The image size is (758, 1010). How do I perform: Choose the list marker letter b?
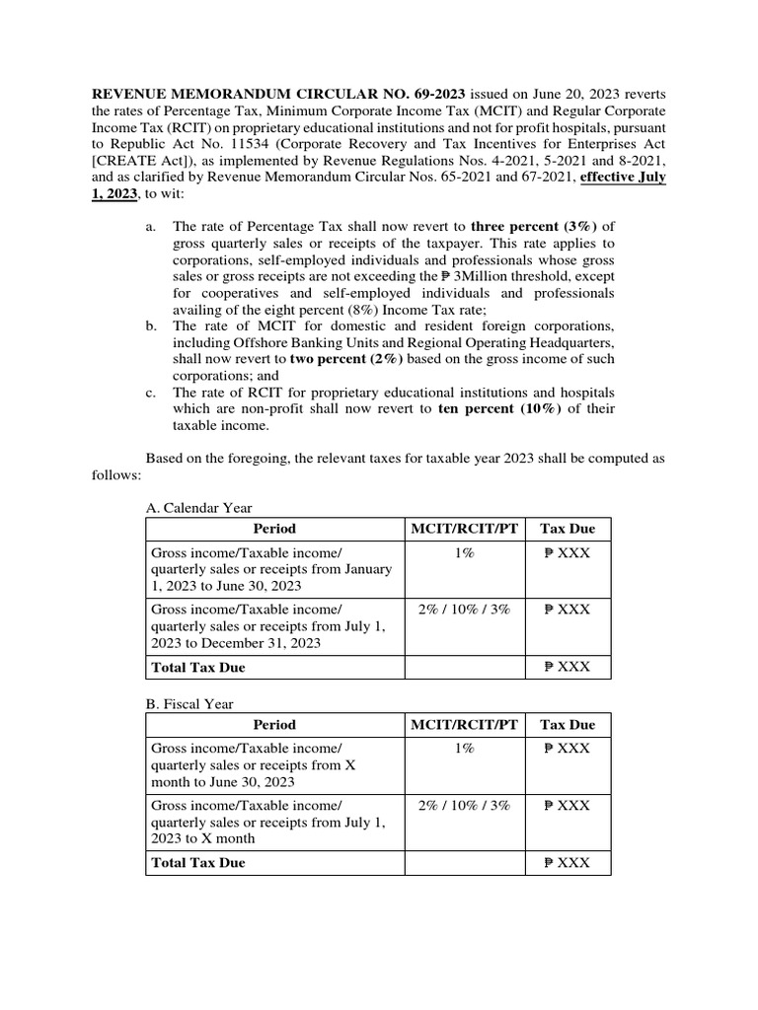pos(150,325)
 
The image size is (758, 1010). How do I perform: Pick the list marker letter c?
pos(150,392)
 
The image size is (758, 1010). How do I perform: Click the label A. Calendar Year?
pos(198,508)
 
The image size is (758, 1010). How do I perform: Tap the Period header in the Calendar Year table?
pos(273,530)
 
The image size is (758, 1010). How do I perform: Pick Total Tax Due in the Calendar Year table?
pos(197,668)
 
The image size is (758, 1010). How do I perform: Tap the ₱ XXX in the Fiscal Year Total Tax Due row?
pos(568,863)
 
